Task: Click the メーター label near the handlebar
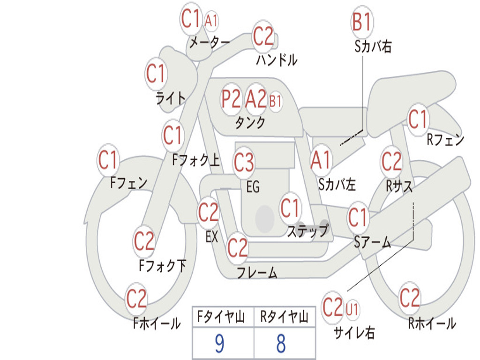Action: click(210, 42)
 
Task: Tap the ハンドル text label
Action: click(277, 60)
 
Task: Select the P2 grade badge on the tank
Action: click(231, 99)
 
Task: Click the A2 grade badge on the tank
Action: click(256, 99)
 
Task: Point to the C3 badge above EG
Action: click(244, 162)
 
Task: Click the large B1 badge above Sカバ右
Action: click(362, 22)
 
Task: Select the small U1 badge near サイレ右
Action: click(352, 309)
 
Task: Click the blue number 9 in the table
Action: click(219, 343)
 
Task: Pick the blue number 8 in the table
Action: click(281, 343)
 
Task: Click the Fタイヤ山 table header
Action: click(221, 316)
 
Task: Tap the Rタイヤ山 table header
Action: click(284, 316)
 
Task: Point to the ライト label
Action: click(170, 98)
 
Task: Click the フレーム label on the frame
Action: click(257, 272)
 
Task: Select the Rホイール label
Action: click(432, 323)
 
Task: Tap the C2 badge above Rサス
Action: click(391, 161)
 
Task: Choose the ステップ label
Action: click(307, 230)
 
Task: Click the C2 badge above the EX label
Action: click(208, 212)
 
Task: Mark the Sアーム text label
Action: click(372, 242)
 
